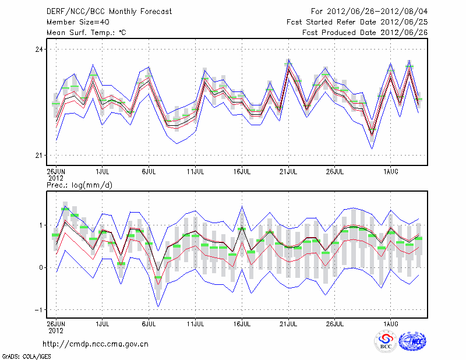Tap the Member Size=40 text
77,22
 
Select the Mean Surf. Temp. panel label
86,32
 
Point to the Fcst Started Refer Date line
357,22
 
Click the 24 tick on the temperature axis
39,50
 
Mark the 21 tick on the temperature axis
39,155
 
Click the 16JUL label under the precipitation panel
242,322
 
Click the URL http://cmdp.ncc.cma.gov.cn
96,344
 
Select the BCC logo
386,341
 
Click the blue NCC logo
412,341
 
